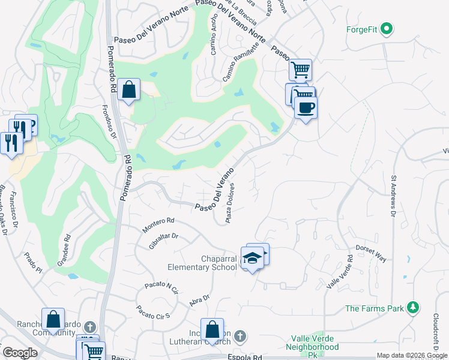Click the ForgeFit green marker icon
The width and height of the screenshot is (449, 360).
pyautogui.click(x=387, y=28)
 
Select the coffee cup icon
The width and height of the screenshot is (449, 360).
pyautogui.click(x=306, y=107)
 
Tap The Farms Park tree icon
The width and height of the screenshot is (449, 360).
pyautogui.click(x=412, y=308)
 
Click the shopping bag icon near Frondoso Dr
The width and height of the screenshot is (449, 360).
pyautogui.click(x=129, y=90)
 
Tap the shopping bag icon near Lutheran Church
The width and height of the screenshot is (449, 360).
pyautogui.click(x=212, y=329)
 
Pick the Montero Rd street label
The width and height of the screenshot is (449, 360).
pyautogui.click(x=157, y=226)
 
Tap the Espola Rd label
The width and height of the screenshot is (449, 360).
pyautogui.click(x=245, y=357)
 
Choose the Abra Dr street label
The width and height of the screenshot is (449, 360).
pyautogui.click(x=199, y=300)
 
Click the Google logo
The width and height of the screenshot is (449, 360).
pyautogui.click(x=20, y=353)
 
